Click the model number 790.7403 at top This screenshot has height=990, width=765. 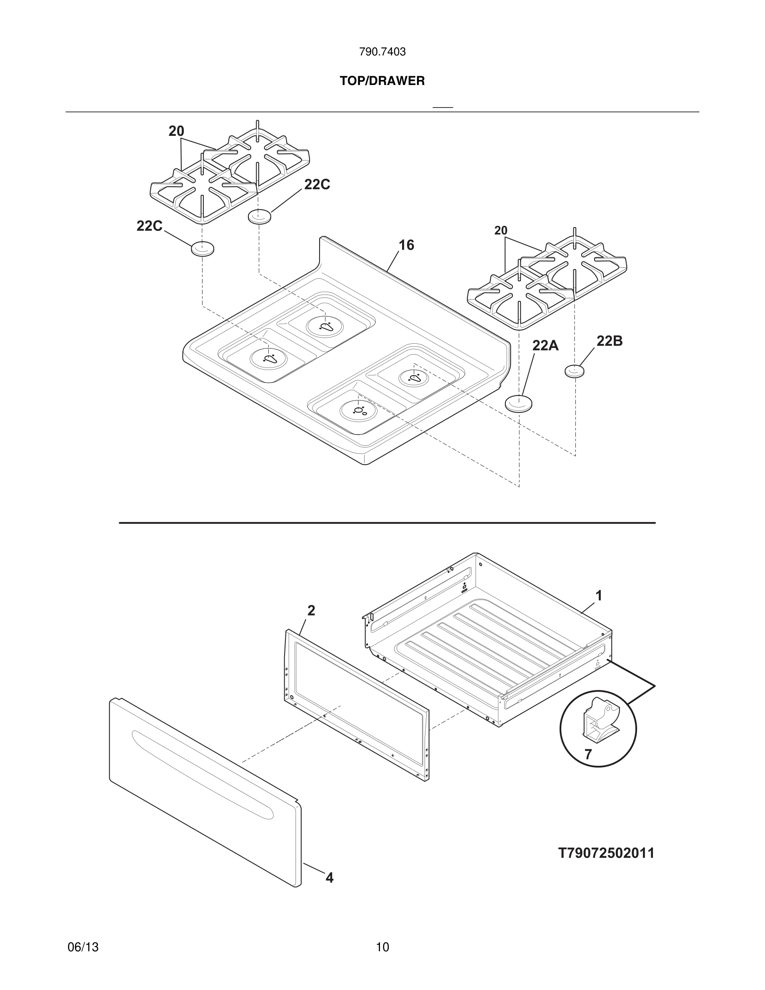pos(382,52)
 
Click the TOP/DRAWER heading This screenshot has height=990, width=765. pos(382,81)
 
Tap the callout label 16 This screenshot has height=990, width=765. pos(406,245)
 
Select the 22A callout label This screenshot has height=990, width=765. pos(545,346)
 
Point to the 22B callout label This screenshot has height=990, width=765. pos(609,341)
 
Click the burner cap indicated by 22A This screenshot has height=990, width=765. pos(518,403)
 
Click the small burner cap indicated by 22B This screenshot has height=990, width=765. pos(574,371)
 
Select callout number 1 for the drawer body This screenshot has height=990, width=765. pos(599,596)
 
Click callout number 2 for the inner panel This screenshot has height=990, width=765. pos(311,610)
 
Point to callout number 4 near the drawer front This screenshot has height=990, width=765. pos(330,878)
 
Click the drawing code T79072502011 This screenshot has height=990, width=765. pos(606,854)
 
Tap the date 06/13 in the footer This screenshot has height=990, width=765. pos(83,947)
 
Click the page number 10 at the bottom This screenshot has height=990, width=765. pos(382,947)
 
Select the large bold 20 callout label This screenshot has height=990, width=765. pos(176,131)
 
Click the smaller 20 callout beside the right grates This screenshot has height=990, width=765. pos(500,231)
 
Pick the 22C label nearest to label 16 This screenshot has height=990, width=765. pos(317,185)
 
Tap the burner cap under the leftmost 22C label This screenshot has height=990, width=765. pos(202,249)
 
